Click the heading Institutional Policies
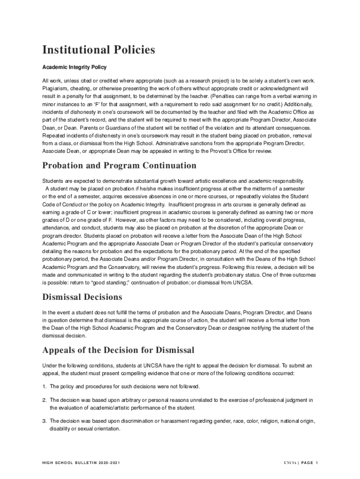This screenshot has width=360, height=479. [x=99, y=50]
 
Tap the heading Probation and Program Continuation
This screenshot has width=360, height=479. [x=119, y=166]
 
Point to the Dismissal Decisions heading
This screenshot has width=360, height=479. [x=82, y=297]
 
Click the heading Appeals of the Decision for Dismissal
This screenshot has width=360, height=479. [x=118, y=350]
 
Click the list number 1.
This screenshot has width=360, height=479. [x=44, y=386]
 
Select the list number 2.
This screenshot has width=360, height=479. [x=44, y=400]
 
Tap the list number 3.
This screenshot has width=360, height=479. [x=44, y=421]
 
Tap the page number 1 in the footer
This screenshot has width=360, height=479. [x=317, y=463]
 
